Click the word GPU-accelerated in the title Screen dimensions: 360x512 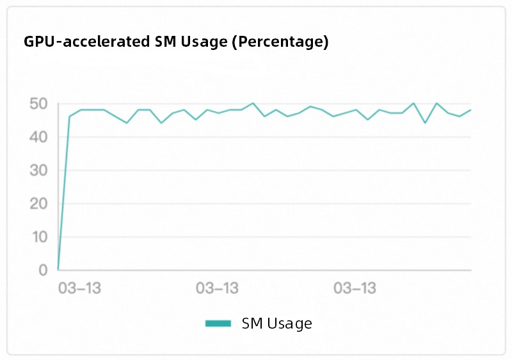(88, 42)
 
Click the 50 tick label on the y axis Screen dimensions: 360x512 (38, 104)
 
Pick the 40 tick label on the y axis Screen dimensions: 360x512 (38, 137)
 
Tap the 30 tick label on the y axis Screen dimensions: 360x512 (38, 170)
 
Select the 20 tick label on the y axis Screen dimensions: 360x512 (38, 204)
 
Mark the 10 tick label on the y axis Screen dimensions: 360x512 (38, 237)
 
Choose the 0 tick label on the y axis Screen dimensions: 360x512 (42, 270)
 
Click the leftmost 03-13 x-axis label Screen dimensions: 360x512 (79, 289)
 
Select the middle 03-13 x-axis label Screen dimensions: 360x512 (217, 289)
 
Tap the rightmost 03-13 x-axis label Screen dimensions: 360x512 (355, 289)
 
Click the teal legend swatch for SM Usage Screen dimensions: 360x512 (218, 323)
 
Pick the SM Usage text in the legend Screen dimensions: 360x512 (276, 323)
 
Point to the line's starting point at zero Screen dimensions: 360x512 (58, 270)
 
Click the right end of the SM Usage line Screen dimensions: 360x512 (470, 110)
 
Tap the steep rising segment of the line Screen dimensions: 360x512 (64, 192)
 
